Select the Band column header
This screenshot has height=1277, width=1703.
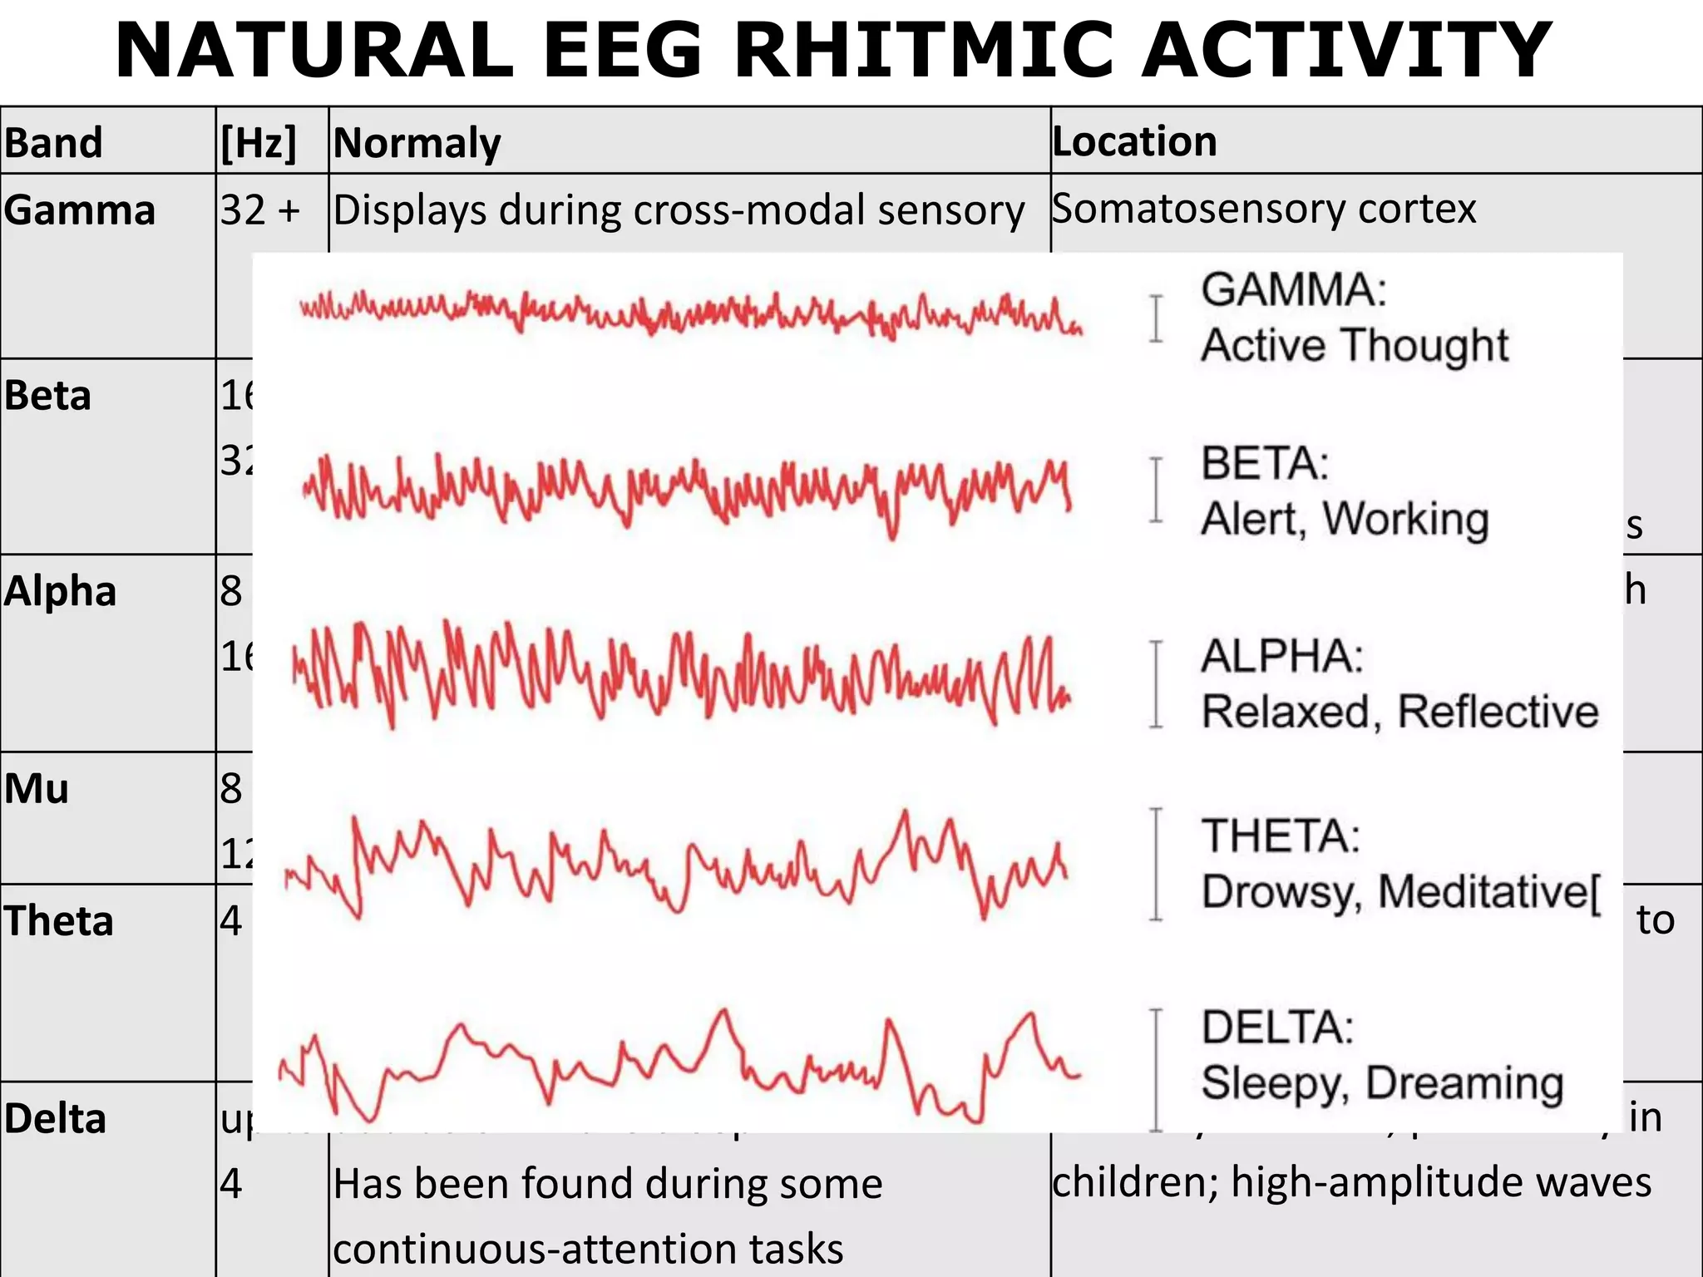coord(53,143)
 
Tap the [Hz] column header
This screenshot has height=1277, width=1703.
coord(259,143)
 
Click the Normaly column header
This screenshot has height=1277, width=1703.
coord(417,143)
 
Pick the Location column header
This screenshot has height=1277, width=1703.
coord(1134,141)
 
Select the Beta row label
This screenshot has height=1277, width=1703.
coord(47,396)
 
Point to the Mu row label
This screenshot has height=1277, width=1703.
coord(37,788)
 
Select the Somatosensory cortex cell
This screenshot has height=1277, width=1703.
coord(1264,209)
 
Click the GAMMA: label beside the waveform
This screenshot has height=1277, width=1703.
coord(1294,290)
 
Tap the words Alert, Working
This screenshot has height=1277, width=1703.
coord(1345,519)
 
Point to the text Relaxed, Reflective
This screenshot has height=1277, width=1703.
coord(1400,712)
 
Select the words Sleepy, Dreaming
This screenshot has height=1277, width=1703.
coord(1382,1082)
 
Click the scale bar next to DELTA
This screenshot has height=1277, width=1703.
coord(1156,1070)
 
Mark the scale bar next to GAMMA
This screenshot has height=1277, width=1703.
coord(1156,318)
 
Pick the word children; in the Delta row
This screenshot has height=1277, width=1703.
coord(1135,1182)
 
